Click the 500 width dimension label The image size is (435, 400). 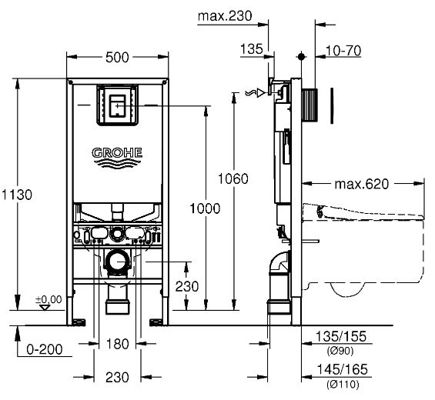pyautogui.click(x=118, y=58)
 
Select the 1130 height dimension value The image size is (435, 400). pyautogui.click(x=18, y=195)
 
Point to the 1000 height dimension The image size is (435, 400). pyautogui.click(x=205, y=208)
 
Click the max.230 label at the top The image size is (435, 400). pyautogui.click(x=224, y=15)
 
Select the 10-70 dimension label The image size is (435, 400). pyautogui.click(x=343, y=51)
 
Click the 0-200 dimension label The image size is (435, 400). pyautogui.click(x=43, y=348)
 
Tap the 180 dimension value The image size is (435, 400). pyautogui.click(x=118, y=344)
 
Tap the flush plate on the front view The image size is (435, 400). pyautogui.click(x=118, y=105)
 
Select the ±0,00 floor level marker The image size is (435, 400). pyautogui.click(x=48, y=299)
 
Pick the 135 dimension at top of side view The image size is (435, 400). pyautogui.click(x=251, y=50)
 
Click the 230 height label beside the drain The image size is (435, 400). pyautogui.click(x=187, y=285)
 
